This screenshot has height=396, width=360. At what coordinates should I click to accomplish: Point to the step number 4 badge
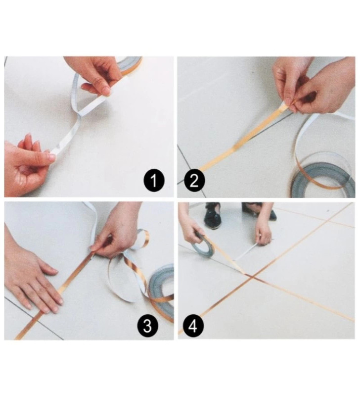pyautogui.click(x=194, y=326)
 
